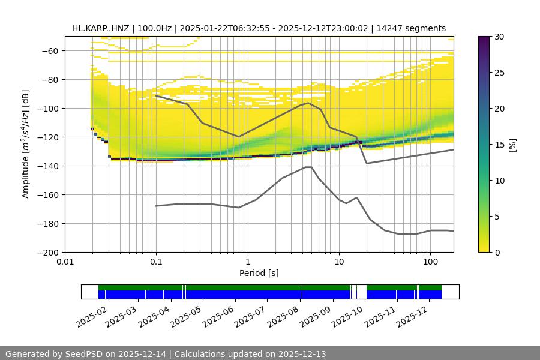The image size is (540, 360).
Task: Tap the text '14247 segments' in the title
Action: tap(415, 28)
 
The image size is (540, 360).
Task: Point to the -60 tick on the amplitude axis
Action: tap(52, 51)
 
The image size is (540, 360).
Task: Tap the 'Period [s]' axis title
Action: tap(259, 274)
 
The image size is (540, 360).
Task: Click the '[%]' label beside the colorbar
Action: tap(512, 145)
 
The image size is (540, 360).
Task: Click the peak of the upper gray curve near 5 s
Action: tap(308, 103)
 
